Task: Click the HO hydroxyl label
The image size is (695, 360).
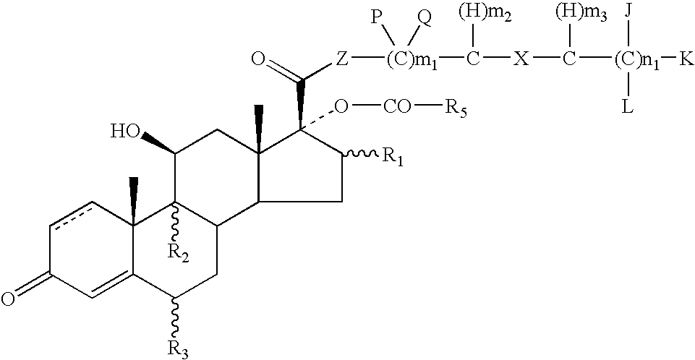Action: tap(125, 132)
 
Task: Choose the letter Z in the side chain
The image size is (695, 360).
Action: tap(341, 59)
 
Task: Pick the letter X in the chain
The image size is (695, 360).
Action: tap(521, 59)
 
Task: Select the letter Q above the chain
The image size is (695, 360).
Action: tap(425, 21)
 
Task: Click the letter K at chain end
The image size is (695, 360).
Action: tap(686, 59)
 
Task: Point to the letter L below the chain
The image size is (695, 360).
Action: tap(628, 107)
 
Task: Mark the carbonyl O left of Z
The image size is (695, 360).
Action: tap(258, 59)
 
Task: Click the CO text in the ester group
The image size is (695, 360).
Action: tap(397, 107)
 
